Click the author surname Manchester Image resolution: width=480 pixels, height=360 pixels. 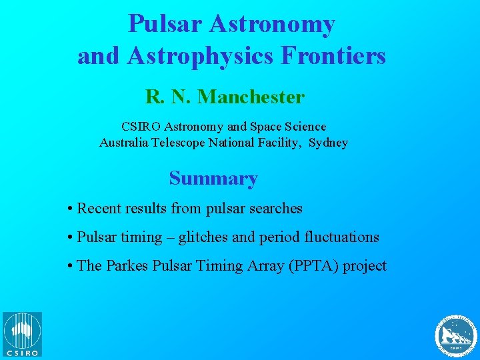251,97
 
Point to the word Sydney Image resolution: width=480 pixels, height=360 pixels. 328,143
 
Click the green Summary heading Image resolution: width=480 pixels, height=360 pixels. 213,179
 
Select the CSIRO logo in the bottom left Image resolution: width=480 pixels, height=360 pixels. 22,334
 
